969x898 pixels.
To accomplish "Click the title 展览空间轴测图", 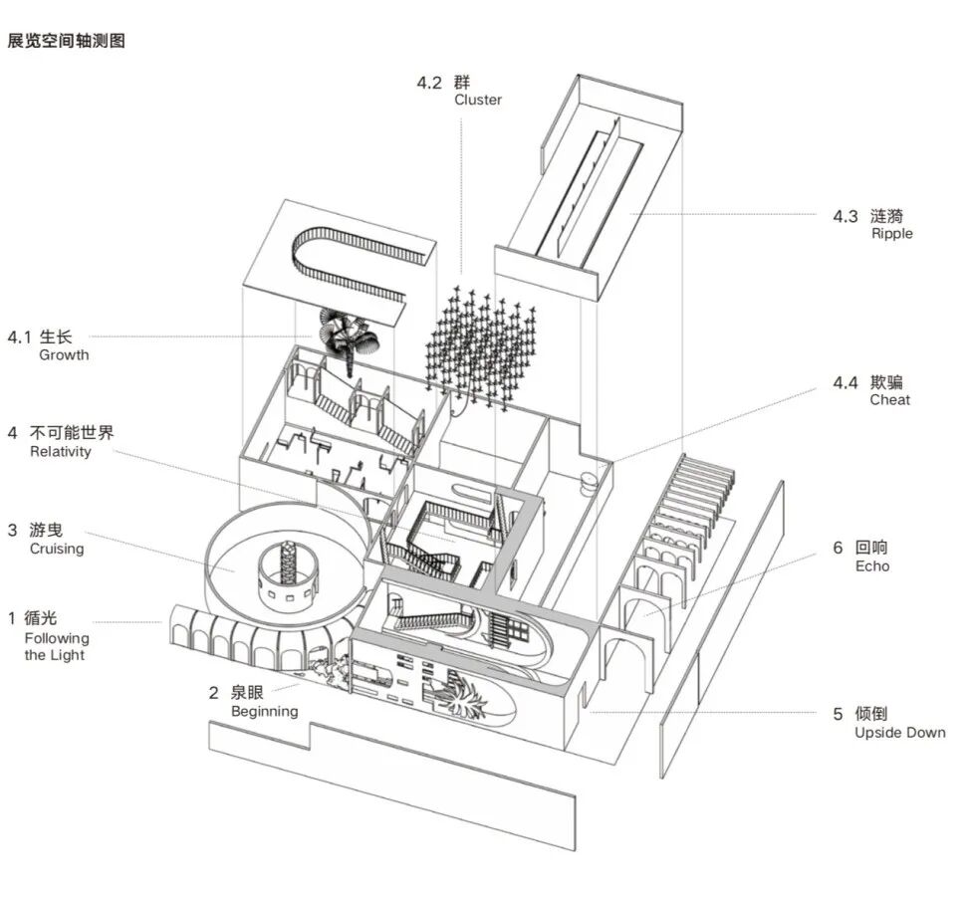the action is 66,41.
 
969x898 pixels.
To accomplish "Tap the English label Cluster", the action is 478,100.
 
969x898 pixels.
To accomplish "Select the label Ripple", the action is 891,234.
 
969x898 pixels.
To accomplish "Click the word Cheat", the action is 890,399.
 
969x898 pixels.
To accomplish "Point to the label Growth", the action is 64,355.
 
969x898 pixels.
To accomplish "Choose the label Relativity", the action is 61,451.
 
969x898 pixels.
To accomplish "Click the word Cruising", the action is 57,549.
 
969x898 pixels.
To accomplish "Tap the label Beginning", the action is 265,712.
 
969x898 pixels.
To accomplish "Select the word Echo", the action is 872,565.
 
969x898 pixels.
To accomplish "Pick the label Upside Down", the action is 900,733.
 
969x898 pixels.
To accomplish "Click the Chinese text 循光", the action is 41,617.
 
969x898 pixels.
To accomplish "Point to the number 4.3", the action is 846,216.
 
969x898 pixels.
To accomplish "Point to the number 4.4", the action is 846,383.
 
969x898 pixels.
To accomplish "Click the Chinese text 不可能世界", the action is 72,433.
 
